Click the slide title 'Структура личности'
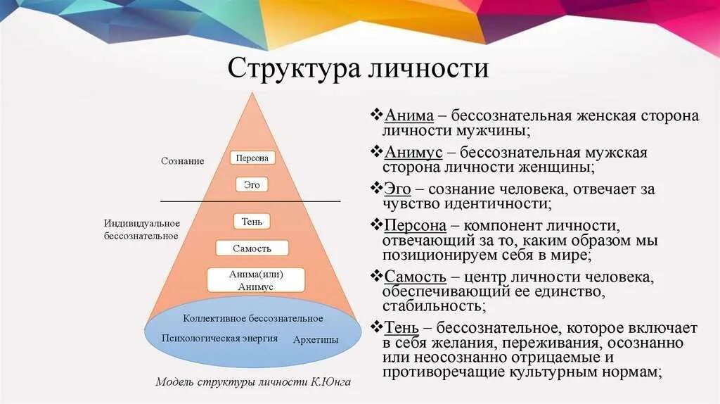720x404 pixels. pyautogui.click(x=359, y=68)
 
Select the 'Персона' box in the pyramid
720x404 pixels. pyautogui.click(x=252, y=158)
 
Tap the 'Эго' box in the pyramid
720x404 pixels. pyautogui.click(x=252, y=185)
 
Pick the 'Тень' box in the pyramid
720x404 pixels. pyautogui.click(x=252, y=222)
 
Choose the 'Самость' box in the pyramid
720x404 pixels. pyautogui.click(x=252, y=248)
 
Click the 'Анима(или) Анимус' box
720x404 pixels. pyautogui.click(x=256, y=280)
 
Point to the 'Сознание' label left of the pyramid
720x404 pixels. pyautogui.click(x=182, y=161)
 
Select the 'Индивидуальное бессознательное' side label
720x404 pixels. pyautogui.click(x=141, y=229)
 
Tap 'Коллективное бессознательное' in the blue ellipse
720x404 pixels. pyautogui.click(x=253, y=319)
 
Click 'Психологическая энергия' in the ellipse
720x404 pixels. pyautogui.click(x=219, y=339)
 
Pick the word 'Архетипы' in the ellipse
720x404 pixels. pyautogui.click(x=315, y=340)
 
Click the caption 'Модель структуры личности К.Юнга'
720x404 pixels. pyautogui.click(x=252, y=382)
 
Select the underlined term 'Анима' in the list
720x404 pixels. pyautogui.click(x=409, y=115)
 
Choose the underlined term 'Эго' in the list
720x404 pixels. pyautogui.click(x=398, y=189)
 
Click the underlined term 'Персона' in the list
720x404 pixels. pyautogui.click(x=415, y=225)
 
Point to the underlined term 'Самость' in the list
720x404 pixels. pyautogui.click(x=415, y=276)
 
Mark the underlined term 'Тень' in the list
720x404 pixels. pyautogui.click(x=401, y=327)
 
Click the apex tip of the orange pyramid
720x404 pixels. pyautogui.click(x=252, y=92)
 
